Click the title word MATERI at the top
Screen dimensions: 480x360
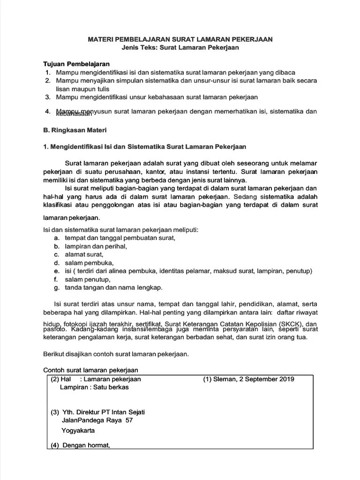pyautogui.click(x=101, y=40)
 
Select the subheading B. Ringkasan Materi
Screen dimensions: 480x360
pyautogui.click(x=75, y=130)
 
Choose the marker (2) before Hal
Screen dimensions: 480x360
pyautogui.click(x=56, y=379)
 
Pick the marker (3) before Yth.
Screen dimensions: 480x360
pyautogui.click(x=55, y=412)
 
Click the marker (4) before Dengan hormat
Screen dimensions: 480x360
pyautogui.click(x=55, y=445)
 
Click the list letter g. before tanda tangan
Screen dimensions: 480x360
pyautogui.click(x=56, y=287)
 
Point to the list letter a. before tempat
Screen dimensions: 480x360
pyautogui.click(x=56, y=238)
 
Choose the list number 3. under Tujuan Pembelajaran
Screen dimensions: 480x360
pyautogui.click(x=48, y=97)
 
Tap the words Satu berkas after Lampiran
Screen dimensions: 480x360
pyautogui.click(x=111, y=388)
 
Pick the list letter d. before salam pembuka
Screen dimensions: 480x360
pyautogui.click(x=56, y=262)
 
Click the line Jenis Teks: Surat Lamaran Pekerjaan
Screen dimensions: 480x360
pyautogui.click(x=180, y=48)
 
